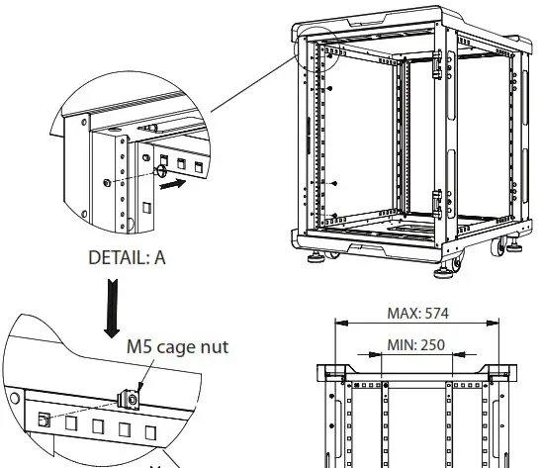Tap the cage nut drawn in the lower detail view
click(129, 399)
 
